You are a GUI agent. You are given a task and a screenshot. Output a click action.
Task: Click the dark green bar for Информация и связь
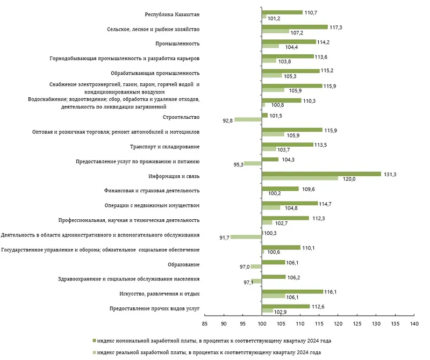tap(321, 174)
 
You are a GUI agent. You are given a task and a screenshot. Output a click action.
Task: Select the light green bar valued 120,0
tap(300, 178)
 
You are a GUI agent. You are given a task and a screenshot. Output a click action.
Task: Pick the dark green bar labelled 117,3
tap(295, 26)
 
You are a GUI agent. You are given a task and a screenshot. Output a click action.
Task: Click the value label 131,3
tap(389, 174)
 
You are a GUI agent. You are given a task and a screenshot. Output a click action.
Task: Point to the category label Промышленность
tap(177, 44)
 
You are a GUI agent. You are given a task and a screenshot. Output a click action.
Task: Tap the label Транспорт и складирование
tap(173, 147)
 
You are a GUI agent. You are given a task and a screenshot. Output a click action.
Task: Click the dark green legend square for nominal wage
tap(94, 341)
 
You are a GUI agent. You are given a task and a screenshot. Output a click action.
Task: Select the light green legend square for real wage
tap(94, 351)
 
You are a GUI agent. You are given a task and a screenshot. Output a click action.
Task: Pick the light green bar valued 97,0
tap(256, 267)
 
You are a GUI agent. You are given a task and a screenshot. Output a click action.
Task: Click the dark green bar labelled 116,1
tap(292, 291)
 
